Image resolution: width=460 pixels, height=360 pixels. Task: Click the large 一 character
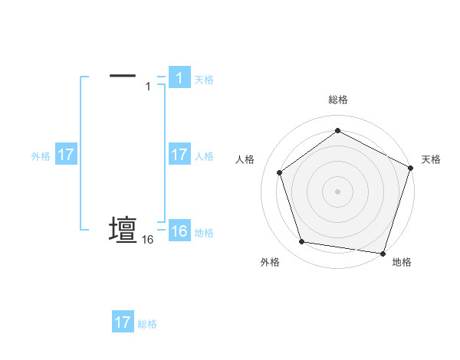[123, 76]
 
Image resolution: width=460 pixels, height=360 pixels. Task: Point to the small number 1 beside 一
[148, 87]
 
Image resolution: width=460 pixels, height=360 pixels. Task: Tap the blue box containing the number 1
[179, 77]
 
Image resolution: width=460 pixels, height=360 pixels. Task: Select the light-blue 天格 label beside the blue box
[204, 79]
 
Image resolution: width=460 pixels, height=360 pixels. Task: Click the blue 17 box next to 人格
[179, 155]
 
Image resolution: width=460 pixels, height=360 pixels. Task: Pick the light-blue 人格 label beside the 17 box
[204, 156]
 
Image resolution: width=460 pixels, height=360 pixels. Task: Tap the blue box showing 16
[179, 231]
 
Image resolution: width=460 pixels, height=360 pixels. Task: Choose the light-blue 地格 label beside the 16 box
[204, 233]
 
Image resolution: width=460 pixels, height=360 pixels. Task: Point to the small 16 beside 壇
[148, 240]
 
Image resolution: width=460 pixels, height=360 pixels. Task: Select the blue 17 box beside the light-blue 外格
[66, 155]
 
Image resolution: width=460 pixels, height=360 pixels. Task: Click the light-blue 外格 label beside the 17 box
[41, 156]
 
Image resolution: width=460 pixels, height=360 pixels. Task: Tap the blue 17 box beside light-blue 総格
[123, 322]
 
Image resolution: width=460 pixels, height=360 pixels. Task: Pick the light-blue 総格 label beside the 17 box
[147, 324]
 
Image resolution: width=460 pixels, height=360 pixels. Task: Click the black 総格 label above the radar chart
[337, 100]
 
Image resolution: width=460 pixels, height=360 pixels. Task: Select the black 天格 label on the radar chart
[431, 159]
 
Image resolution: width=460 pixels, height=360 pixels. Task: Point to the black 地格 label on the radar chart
[402, 262]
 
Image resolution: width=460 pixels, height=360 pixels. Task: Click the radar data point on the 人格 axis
[280, 172]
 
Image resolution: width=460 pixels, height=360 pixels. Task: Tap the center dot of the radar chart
[337, 191]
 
